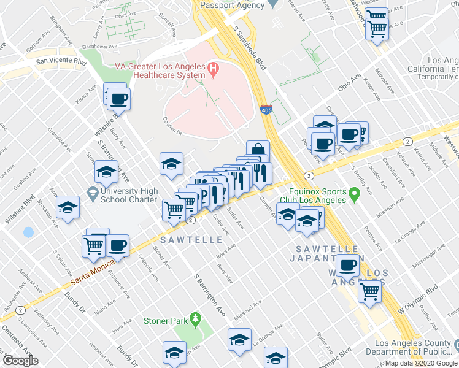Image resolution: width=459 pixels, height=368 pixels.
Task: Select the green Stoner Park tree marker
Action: (196, 319)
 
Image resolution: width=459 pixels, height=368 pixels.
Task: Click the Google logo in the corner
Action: (20, 361)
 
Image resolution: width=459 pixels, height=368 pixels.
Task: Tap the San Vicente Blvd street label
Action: (61, 61)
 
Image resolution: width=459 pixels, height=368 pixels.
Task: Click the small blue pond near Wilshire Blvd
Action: (28, 233)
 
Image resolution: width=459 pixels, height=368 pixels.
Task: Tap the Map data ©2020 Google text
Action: (421, 363)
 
